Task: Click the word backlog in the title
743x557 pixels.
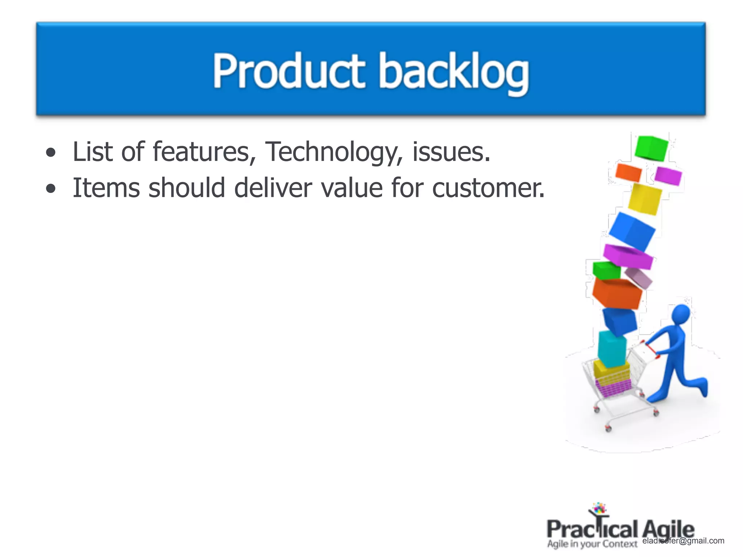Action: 453,73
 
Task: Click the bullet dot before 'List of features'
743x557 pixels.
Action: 51,153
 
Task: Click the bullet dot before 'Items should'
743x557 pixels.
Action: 51,189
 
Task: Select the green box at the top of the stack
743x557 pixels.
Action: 651,148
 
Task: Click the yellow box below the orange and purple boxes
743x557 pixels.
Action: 644,199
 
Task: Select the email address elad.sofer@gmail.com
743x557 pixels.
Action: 683,541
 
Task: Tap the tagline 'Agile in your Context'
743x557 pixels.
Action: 592,544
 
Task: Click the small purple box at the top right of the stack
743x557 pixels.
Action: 668,176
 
